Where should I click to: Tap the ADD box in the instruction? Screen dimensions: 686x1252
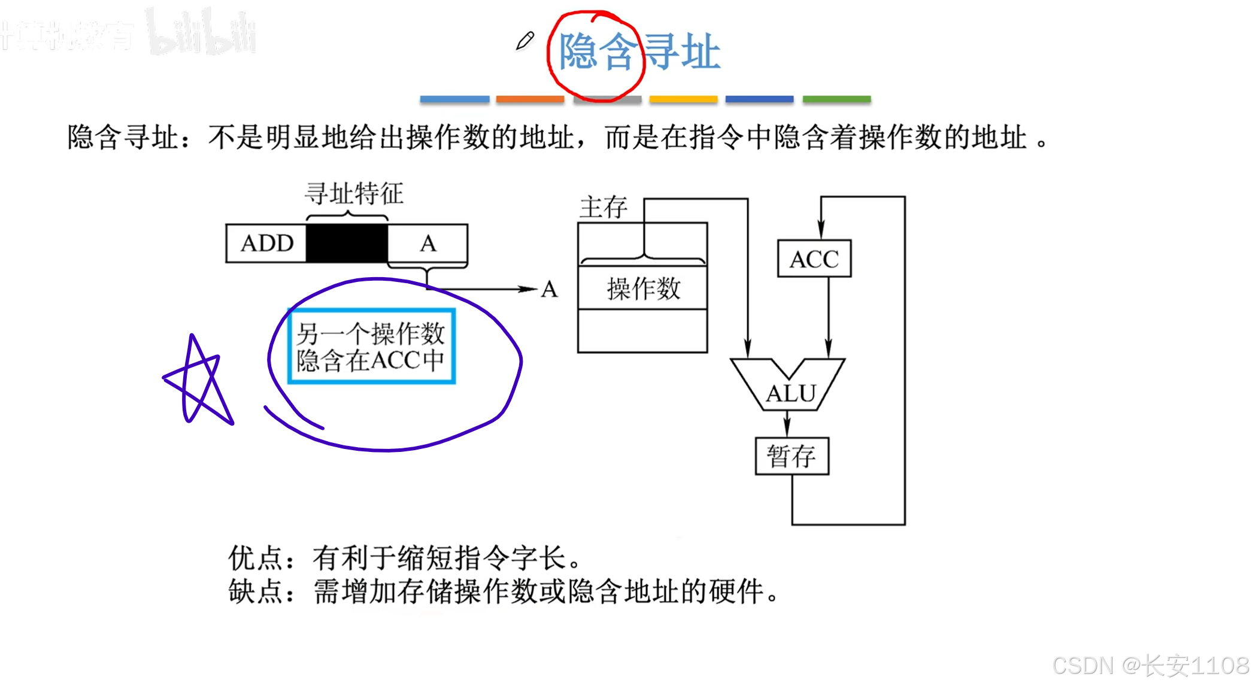click(266, 243)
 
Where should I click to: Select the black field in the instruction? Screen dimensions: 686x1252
click(347, 243)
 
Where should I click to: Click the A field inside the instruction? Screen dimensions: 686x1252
click(428, 243)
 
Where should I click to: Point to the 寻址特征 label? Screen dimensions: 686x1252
click(354, 193)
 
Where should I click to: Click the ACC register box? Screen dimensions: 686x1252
click(814, 259)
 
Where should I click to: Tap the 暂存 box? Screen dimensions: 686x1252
click(792, 456)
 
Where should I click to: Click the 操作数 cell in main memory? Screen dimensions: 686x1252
click(643, 289)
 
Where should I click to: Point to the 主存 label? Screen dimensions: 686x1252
click(603, 207)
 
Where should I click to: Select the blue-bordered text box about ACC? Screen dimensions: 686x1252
click(371, 346)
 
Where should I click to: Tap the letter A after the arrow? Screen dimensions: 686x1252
click(549, 290)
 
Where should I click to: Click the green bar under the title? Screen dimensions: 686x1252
click(836, 99)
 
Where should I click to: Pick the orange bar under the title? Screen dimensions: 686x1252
click(530, 99)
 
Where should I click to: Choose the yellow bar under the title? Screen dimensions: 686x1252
click(683, 99)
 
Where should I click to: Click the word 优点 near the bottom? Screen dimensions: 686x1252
click(254, 558)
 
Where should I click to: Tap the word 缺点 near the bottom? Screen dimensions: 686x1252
click(254, 591)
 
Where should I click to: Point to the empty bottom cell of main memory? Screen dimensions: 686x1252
click(642, 331)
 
